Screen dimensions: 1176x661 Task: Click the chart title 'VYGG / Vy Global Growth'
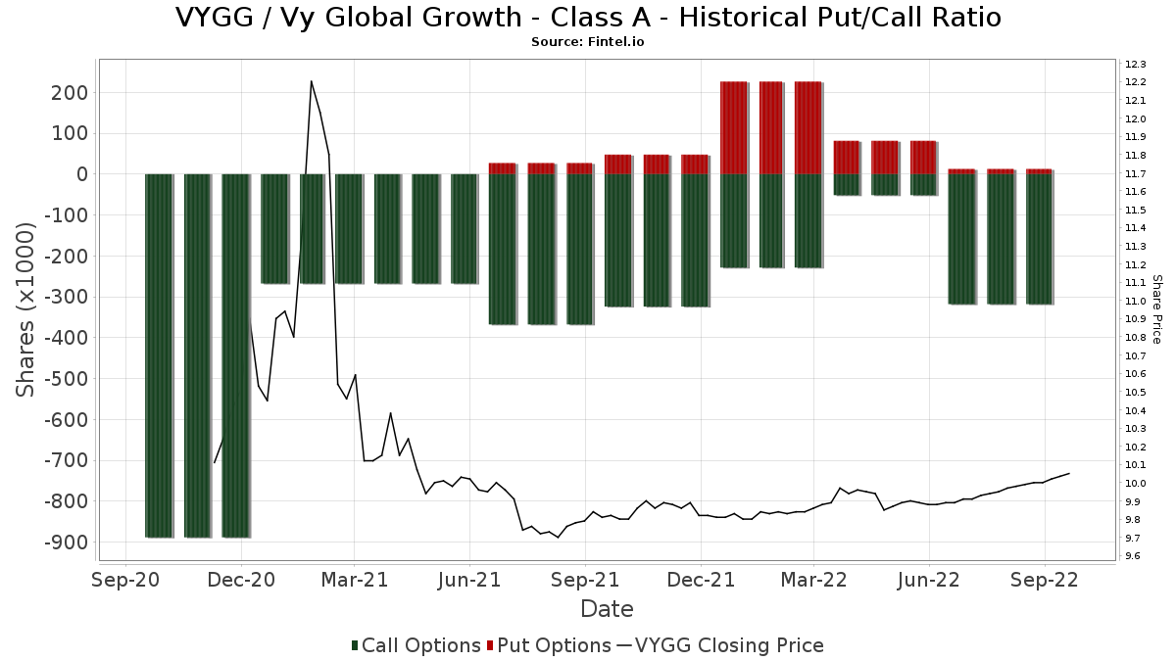[x=349, y=18]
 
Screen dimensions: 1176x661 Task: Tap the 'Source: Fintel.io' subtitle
[x=587, y=42]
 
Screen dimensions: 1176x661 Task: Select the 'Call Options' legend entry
[x=416, y=645]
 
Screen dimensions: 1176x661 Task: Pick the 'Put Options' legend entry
[x=549, y=645]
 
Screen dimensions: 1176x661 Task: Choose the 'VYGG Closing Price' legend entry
[x=719, y=645]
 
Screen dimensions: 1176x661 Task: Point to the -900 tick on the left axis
[x=67, y=543]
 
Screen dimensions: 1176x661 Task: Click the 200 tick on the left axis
[x=70, y=93]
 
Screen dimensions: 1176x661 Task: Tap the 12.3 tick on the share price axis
[x=1135, y=64]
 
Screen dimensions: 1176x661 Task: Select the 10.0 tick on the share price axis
[x=1135, y=483]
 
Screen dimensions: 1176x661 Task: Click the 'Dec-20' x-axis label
[x=241, y=580]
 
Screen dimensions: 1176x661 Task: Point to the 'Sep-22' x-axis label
[x=1045, y=580]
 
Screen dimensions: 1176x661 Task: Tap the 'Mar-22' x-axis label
[x=813, y=580]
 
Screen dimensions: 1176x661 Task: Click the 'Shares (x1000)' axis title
[x=24, y=310]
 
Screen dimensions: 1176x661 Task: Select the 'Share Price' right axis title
[x=1156, y=309]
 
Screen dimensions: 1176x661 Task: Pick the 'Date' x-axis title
[x=607, y=609]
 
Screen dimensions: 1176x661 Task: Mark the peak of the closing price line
[x=312, y=81]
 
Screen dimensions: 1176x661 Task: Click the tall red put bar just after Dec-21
[x=733, y=127]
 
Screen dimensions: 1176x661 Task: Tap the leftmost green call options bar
[x=158, y=355]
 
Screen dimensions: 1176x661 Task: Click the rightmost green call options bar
[x=1039, y=239]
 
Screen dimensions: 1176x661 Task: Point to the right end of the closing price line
[x=1069, y=474]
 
